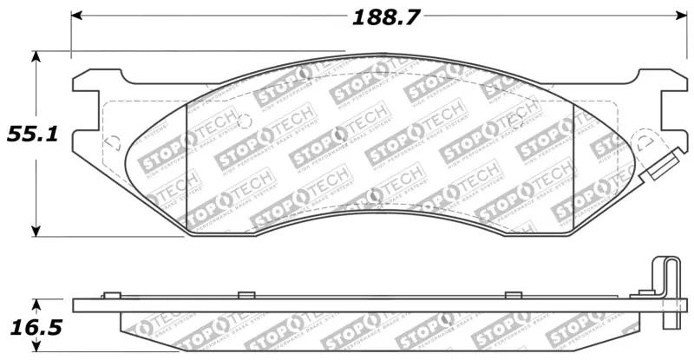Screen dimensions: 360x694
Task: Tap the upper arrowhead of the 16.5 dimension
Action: click(x=36, y=303)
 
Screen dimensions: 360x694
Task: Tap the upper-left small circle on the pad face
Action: click(x=244, y=121)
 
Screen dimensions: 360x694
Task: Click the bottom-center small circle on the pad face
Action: click(x=375, y=195)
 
